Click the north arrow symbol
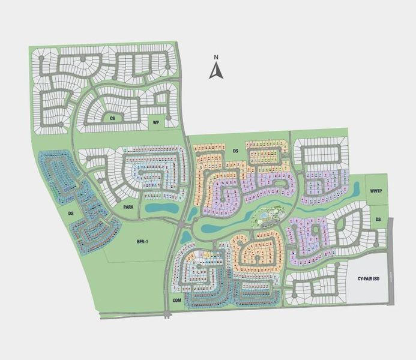(x=216, y=71)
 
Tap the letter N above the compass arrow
(x=216, y=58)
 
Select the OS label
(x=112, y=118)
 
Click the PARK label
(x=128, y=207)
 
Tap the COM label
(x=176, y=299)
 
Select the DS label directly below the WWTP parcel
(x=378, y=220)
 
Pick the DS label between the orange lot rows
(x=236, y=151)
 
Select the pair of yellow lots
(x=206, y=254)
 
